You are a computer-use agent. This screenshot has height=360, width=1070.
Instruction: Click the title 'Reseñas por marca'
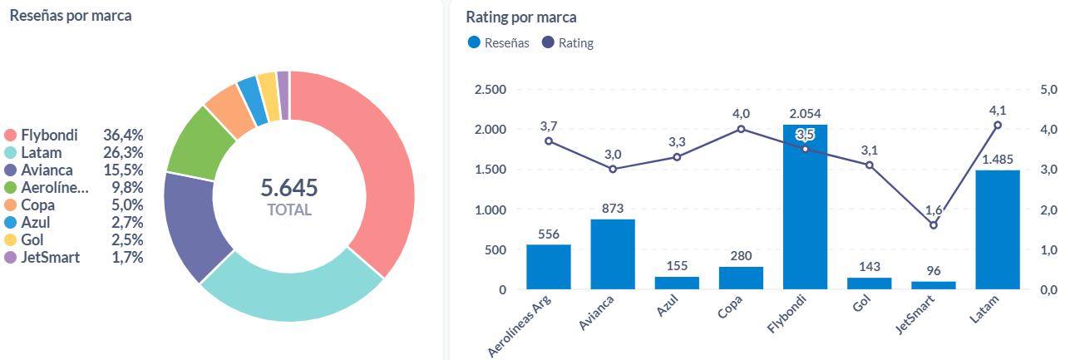[x=71, y=17]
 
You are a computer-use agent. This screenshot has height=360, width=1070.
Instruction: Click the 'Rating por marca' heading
[x=521, y=17]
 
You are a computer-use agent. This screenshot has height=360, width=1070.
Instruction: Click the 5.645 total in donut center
[x=289, y=188]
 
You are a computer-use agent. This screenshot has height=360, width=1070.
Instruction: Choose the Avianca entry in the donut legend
[x=48, y=170]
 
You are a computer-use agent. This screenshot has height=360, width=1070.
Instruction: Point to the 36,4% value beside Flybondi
[x=123, y=135]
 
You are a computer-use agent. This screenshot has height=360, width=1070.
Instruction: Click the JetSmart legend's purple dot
[x=11, y=257]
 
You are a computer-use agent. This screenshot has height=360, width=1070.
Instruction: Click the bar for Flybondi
[x=805, y=208]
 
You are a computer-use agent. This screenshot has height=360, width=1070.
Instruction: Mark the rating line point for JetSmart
[x=933, y=225]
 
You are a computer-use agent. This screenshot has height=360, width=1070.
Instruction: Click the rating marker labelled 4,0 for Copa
[x=741, y=129]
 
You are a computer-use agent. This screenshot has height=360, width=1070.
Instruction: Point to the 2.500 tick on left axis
[x=489, y=90]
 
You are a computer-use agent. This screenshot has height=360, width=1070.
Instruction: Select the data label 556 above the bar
[x=549, y=234]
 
